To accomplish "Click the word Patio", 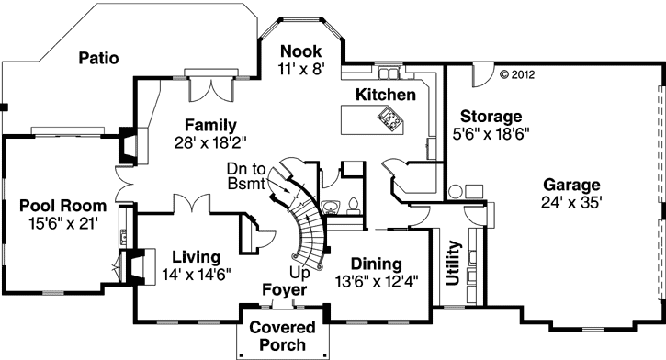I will point(99,58).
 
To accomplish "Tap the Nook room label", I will point(301,51).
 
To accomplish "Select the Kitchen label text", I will point(386,95).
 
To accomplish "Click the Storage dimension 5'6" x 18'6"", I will point(491,133).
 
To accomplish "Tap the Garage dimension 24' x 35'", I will point(570,202).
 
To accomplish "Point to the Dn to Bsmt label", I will point(247,176).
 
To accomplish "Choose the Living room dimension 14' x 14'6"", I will point(195,273).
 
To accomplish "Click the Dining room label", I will point(377,264).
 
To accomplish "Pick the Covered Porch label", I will point(282,336).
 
